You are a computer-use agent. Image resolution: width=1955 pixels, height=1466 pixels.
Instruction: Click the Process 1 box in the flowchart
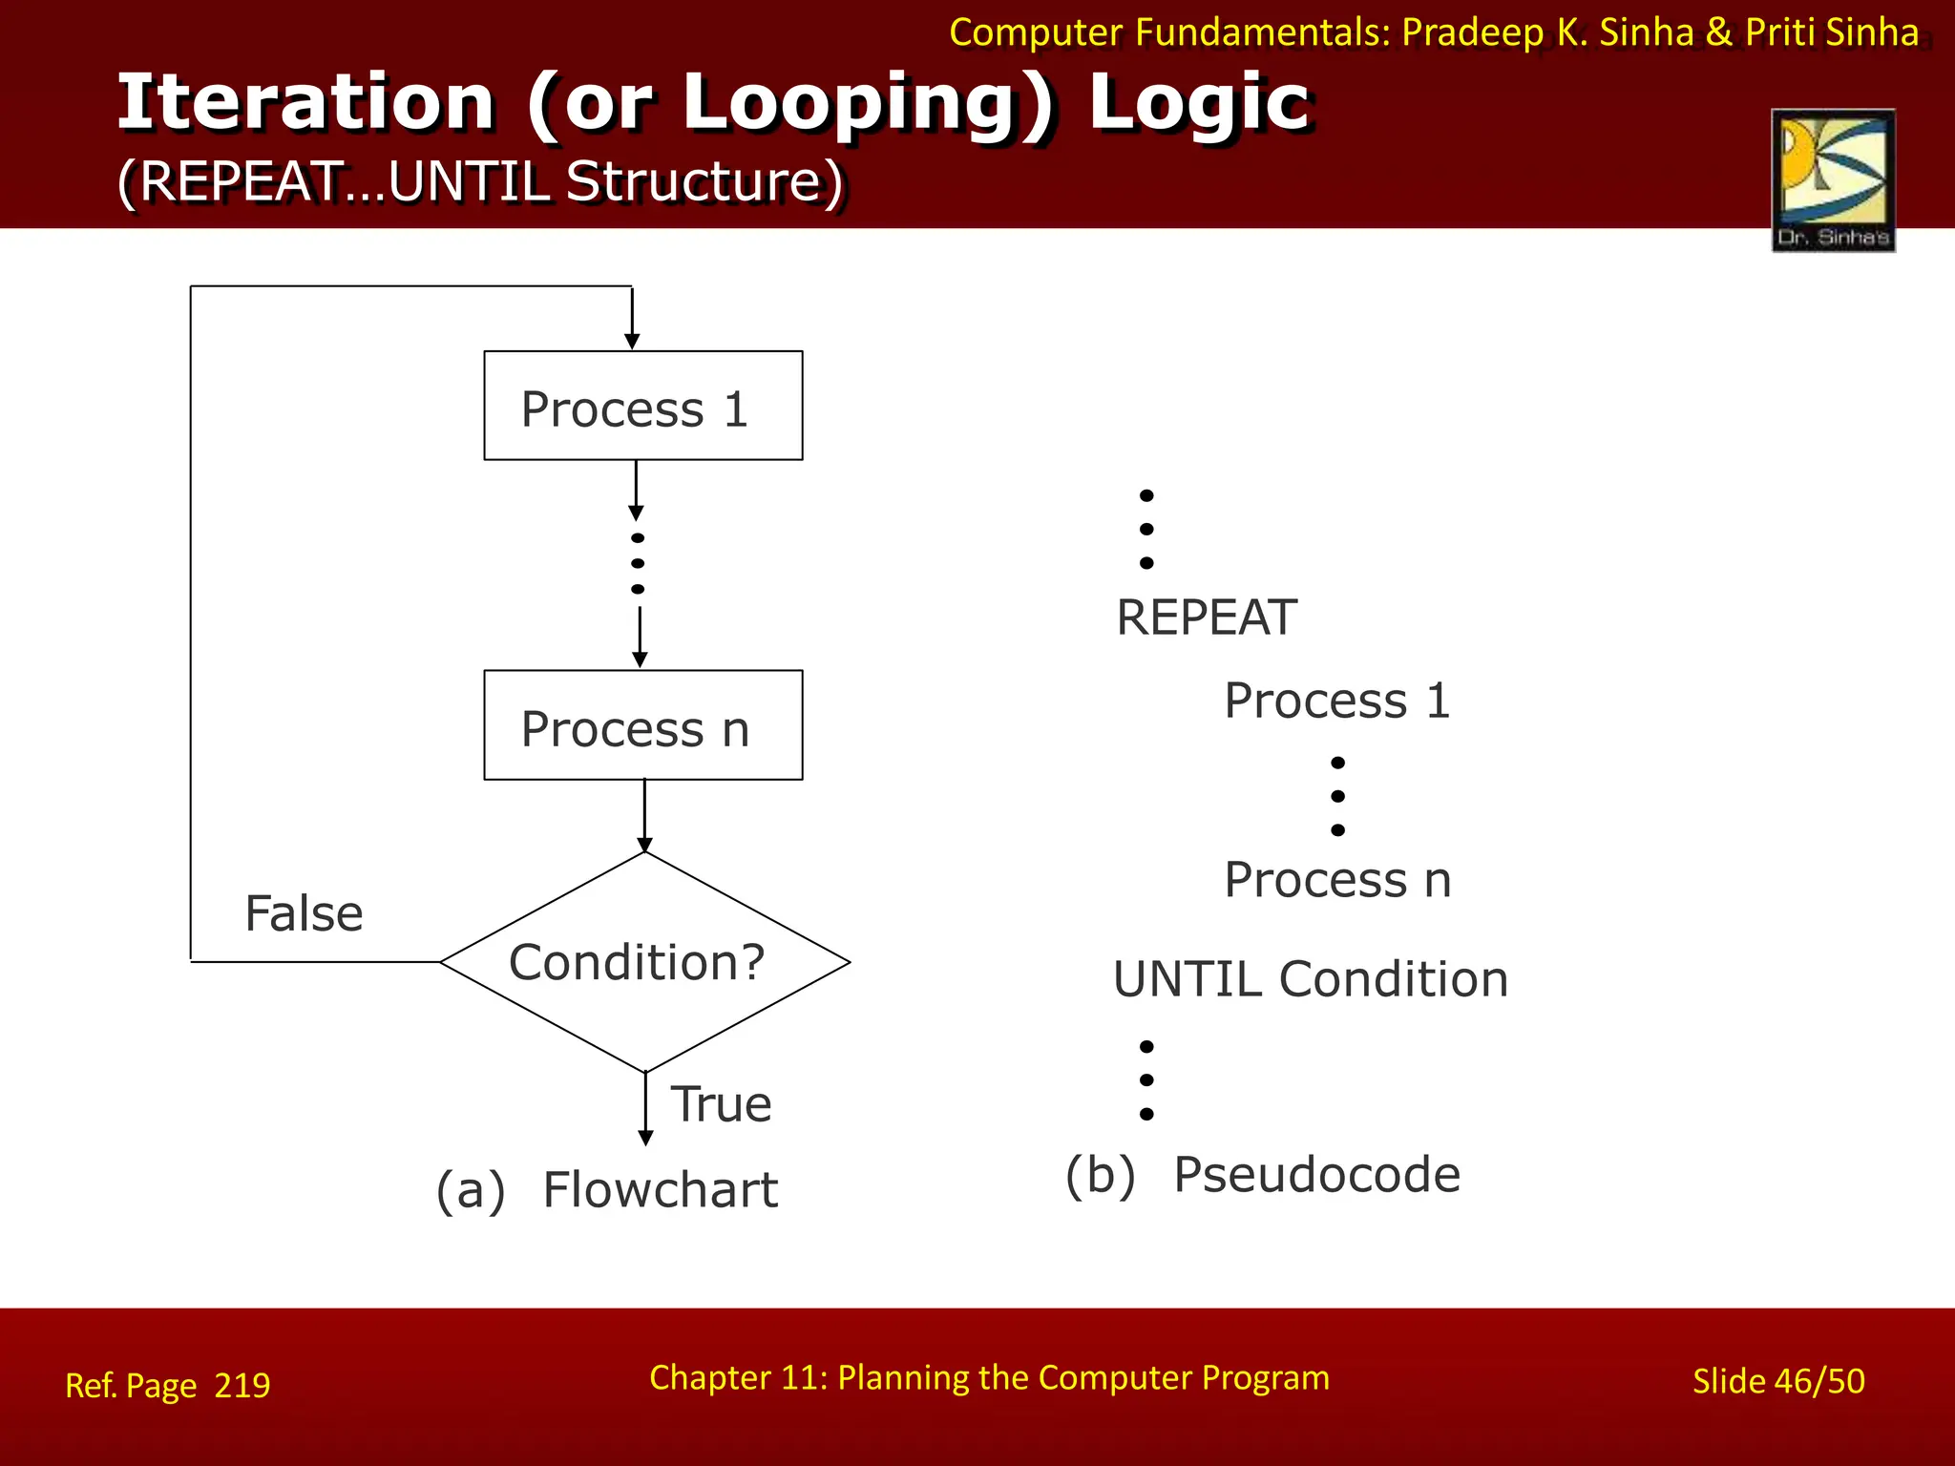click(x=642, y=406)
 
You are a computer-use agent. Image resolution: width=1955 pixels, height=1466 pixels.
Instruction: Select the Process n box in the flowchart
click(x=642, y=725)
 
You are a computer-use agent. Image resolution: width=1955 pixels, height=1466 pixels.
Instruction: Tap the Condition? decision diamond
click(x=643, y=962)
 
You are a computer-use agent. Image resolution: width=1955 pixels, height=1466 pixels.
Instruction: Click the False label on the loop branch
click(x=304, y=913)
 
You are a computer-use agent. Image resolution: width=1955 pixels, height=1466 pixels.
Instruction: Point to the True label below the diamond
click(x=721, y=1104)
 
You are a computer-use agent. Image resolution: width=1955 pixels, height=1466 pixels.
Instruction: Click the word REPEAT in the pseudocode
click(x=1207, y=618)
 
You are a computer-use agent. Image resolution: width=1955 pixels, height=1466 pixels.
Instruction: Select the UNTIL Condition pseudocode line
click(x=1310, y=979)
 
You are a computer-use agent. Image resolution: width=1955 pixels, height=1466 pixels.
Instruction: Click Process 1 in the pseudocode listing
click(x=1336, y=701)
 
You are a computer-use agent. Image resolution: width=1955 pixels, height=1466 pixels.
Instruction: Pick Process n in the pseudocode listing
click(x=1336, y=879)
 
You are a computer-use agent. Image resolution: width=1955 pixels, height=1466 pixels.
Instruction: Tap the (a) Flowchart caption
click(x=607, y=1190)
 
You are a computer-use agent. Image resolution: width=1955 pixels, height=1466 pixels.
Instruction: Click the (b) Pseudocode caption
click(x=1262, y=1174)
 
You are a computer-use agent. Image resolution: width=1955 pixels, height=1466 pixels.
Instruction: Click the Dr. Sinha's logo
click(x=1833, y=180)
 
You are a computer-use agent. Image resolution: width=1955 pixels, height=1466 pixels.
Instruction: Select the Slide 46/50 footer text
click(x=1777, y=1381)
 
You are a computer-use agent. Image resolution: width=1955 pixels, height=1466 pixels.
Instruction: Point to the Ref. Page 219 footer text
click(x=168, y=1385)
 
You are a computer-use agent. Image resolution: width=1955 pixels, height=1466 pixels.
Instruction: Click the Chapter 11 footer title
click(x=989, y=1377)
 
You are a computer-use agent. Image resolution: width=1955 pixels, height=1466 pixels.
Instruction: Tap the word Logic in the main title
click(x=1199, y=102)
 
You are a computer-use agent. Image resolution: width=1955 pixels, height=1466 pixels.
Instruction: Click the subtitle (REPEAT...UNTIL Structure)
click(x=480, y=180)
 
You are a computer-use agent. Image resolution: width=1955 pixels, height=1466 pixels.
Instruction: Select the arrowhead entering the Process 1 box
click(x=632, y=341)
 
